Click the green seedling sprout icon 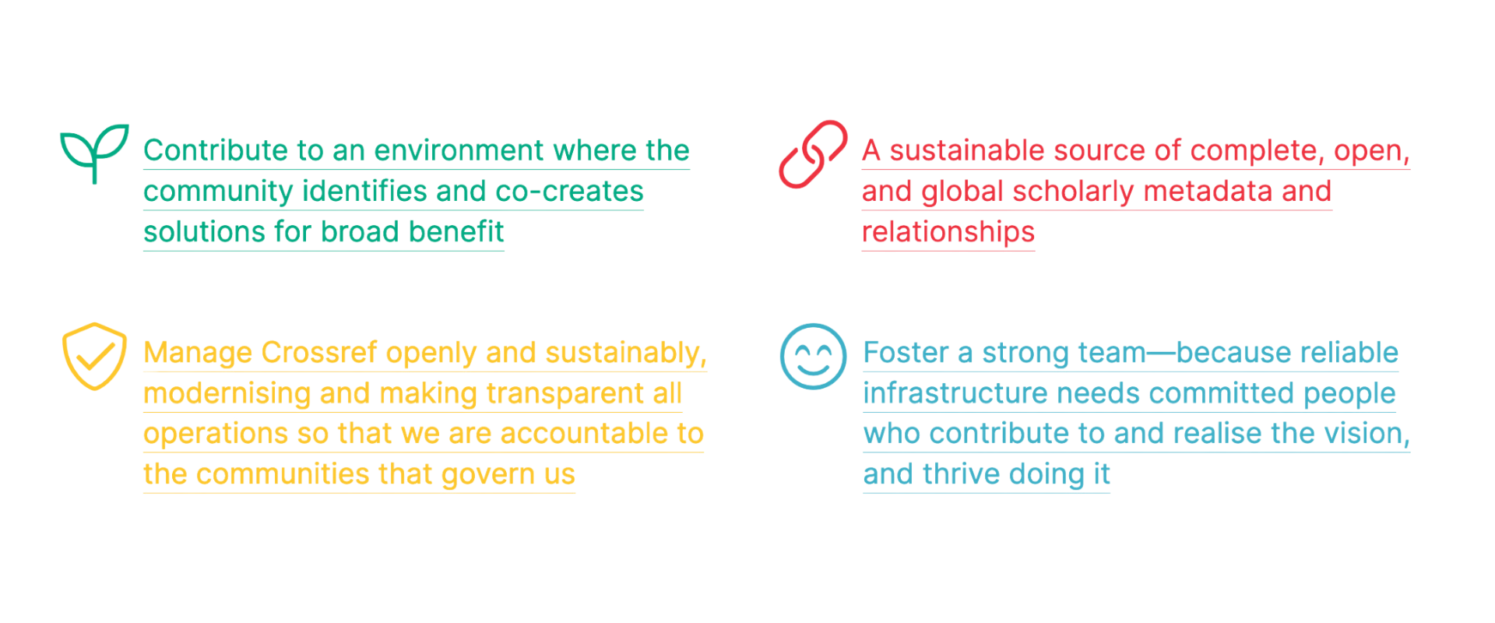(x=94, y=153)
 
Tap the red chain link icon (x=813, y=154)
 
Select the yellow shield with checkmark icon (x=94, y=356)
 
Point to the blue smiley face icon (x=813, y=356)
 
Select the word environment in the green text (x=459, y=150)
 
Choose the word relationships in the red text (x=948, y=232)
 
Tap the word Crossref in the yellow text (x=319, y=353)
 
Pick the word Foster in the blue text (x=906, y=353)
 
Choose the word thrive (x=961, y=474)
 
